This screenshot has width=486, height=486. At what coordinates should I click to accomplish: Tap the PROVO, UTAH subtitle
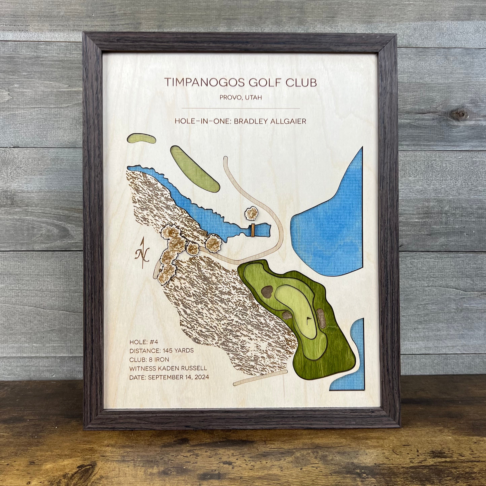point(241,98)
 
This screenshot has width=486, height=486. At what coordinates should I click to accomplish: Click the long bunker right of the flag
point(321,318)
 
